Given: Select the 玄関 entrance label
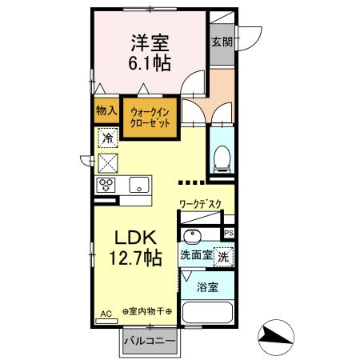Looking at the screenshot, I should click(x=221, y=42).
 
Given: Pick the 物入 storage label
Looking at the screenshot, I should click(x=106, y=111).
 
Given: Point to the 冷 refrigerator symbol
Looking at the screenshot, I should click(x=108, y=138).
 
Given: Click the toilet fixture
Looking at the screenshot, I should click(x=222, y=157).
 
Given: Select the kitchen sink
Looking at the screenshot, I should click(x=139, y=185).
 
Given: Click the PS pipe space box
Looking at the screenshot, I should click(x=229, y=234).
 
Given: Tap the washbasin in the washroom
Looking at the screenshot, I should click(x=192, y=236).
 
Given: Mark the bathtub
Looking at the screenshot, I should click(x=207, y=315).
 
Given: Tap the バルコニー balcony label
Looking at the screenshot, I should click(x=154, y=342).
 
